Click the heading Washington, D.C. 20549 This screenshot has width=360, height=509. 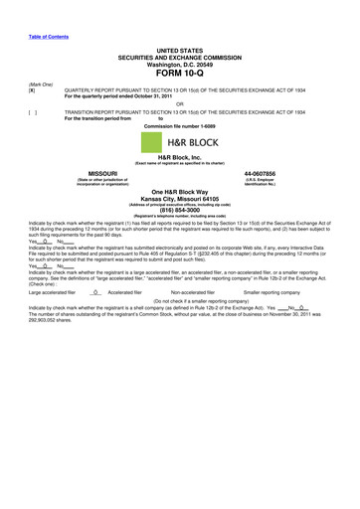[179, 63]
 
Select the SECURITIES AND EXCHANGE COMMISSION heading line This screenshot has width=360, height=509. [179, 56]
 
